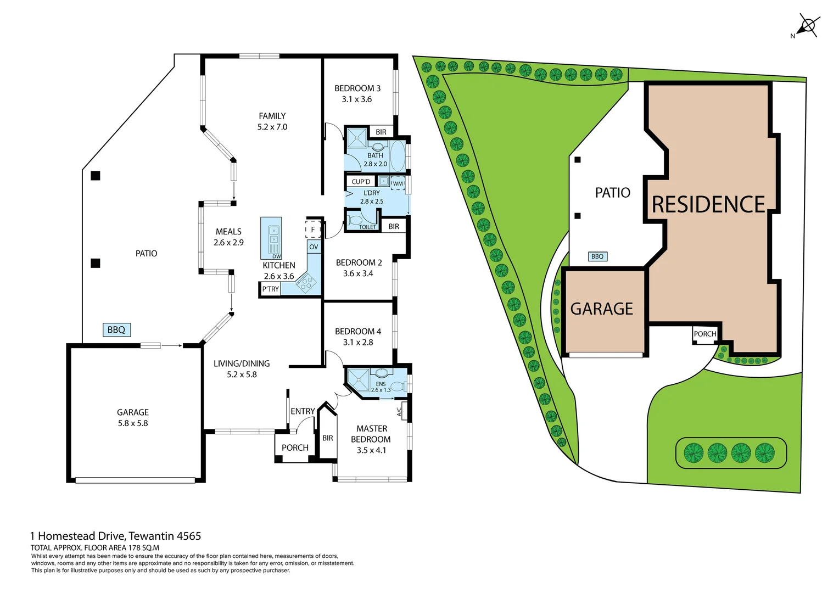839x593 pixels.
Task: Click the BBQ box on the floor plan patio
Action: pyautogui.click(x=116, y=330)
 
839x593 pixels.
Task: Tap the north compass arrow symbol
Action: pyautogui.click(x=807, y=26)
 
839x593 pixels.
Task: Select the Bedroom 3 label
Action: pyautogui.click(x=357, y=88)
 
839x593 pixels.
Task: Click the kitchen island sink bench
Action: pyautogui.click(x=271, y=238)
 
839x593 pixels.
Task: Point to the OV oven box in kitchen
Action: pyautogui.click(x=314, y=247)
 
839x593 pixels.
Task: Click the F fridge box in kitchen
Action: pyautogui.click(x=313, y=230)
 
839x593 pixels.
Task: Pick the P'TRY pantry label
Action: pyautogui.click(x=270, y=289)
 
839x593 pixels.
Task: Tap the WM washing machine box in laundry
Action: pyautogui.click(x=398, y=183)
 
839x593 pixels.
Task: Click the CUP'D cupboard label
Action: pyautogui.click(x=361, y=182)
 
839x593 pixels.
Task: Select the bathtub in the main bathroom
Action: pyautogui.click(x=398, y=156)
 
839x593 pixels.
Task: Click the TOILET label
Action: pyautogui.click(x=367, y=227)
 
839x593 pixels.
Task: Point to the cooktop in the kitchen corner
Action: pyautogui.click(x=306, y=284)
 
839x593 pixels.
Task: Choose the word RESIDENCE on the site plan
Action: pyautogui.click(x=708, y=205)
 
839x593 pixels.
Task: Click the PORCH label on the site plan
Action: pyautogui.click(x=704, y=334)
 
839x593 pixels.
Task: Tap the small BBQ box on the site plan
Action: pyautogui.click(x=597, y=256)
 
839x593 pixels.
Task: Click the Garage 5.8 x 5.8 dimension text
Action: pyautogui.click(x=133, y=423)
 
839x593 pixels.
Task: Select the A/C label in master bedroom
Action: pyautogui.click(x=399, y=410)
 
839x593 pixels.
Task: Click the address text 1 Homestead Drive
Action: pyautogui.click(x=116, y=536)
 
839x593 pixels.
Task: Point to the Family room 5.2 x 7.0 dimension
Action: pyautogui.click(x=272, y=127)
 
